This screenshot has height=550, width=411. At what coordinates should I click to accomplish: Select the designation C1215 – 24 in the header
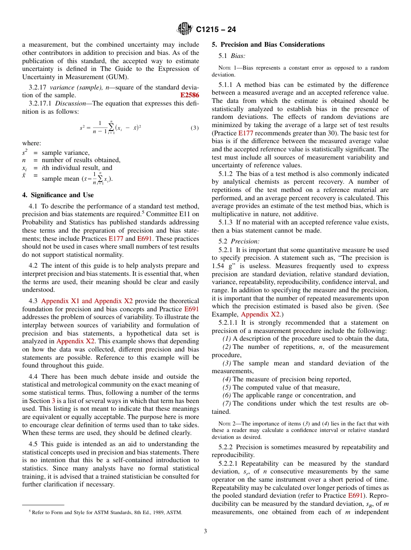click(216, 30)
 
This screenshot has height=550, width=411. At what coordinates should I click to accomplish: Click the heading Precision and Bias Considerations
click(268, 45)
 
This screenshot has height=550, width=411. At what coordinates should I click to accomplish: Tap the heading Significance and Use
click(58, 195)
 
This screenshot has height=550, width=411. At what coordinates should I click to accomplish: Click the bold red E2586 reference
click(189, 95)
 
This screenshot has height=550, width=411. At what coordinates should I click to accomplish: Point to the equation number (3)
click(195, 128)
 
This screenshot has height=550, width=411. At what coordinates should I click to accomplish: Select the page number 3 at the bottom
click(205, 531)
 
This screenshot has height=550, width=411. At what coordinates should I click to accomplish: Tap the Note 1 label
click(227, 68)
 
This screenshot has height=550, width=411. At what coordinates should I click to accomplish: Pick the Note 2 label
click(227, 424)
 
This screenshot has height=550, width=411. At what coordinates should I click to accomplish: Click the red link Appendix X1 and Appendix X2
click(87, 301)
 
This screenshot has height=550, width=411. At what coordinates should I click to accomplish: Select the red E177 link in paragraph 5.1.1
click(246, 133)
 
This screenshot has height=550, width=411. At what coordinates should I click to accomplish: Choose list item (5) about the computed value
click(281, 387)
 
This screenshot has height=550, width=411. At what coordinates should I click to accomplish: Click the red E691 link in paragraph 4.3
click(192, 309)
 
